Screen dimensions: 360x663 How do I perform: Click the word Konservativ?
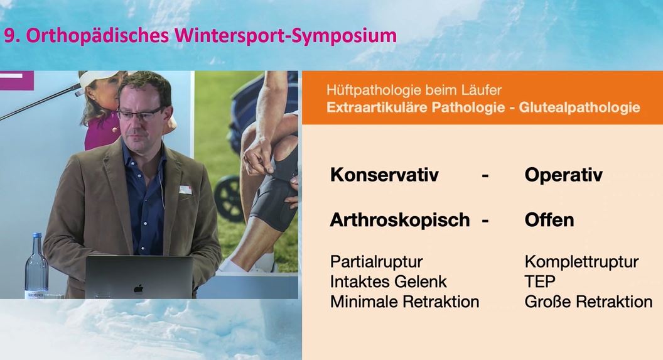[385, 175]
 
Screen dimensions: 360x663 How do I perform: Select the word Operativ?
[563, 175]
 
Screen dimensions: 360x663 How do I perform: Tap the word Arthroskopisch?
[400, 220]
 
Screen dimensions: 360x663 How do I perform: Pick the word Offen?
[549, 220]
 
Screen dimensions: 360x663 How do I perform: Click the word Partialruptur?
[376, 261]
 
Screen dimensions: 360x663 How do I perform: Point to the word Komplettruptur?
[581, 261]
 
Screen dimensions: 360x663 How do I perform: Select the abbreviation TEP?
[540, 281]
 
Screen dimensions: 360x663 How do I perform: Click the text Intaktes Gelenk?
[389, 281]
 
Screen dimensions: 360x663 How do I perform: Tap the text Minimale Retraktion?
[404, 302]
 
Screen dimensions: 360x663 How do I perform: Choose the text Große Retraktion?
[588, 302]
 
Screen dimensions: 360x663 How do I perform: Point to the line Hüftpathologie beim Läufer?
[414, 90]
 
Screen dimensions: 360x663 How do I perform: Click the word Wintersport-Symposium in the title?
[283, 35]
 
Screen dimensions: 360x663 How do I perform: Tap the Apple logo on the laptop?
[138, 288]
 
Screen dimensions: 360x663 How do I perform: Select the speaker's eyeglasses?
[139, 114]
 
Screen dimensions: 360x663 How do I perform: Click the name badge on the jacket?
[185, 189]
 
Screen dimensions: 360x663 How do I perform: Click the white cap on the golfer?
[99, 78]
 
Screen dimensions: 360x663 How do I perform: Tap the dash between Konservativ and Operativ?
[485, 176]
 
